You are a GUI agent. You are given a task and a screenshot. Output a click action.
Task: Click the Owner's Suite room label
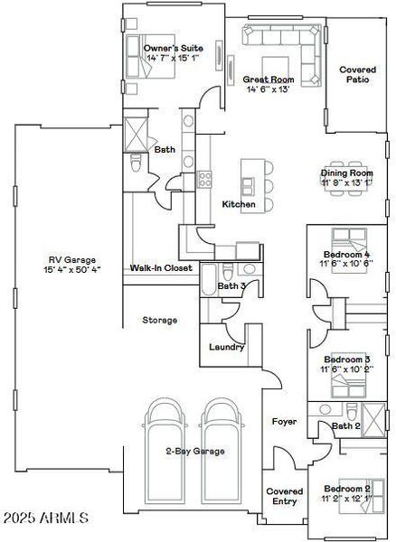(173, 48)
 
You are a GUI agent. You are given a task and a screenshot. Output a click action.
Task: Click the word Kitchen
(239, 204)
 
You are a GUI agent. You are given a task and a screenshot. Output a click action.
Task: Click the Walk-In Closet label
(161, 268)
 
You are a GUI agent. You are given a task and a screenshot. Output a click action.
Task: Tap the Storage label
(159, 320)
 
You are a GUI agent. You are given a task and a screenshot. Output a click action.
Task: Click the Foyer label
(285, 422)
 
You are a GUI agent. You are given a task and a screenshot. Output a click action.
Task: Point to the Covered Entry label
(284, 497)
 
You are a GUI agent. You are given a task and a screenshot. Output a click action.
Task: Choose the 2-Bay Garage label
(194, 451)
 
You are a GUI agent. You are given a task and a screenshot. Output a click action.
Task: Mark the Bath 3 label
(232, 286)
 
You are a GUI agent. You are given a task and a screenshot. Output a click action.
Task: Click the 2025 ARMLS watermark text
(45, 519)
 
